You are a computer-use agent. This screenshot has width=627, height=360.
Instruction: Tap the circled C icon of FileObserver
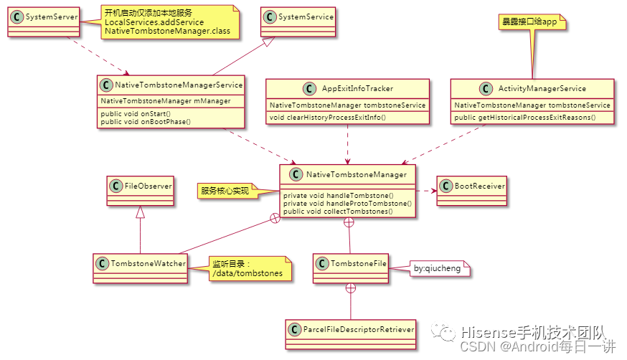click(115, 186)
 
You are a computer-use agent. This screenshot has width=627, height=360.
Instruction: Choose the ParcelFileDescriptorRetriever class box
click(350, 330)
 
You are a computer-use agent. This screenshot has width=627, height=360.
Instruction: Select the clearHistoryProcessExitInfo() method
click(327, 117)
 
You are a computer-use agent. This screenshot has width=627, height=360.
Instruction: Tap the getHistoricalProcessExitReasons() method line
click(525, 117)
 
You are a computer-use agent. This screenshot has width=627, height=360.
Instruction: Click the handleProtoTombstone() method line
click(347, 204)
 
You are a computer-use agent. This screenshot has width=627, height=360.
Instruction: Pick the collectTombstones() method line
click(338, 212)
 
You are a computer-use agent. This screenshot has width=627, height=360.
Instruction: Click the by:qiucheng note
click(440, 269)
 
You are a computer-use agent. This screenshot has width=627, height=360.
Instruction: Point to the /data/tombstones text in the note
click(247, 273)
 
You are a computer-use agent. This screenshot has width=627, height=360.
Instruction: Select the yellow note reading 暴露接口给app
click(531, 22)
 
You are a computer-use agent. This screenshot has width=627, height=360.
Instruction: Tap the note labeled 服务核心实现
click(225, 191)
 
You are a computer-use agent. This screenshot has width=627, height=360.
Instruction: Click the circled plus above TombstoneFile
click(349, 223)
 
